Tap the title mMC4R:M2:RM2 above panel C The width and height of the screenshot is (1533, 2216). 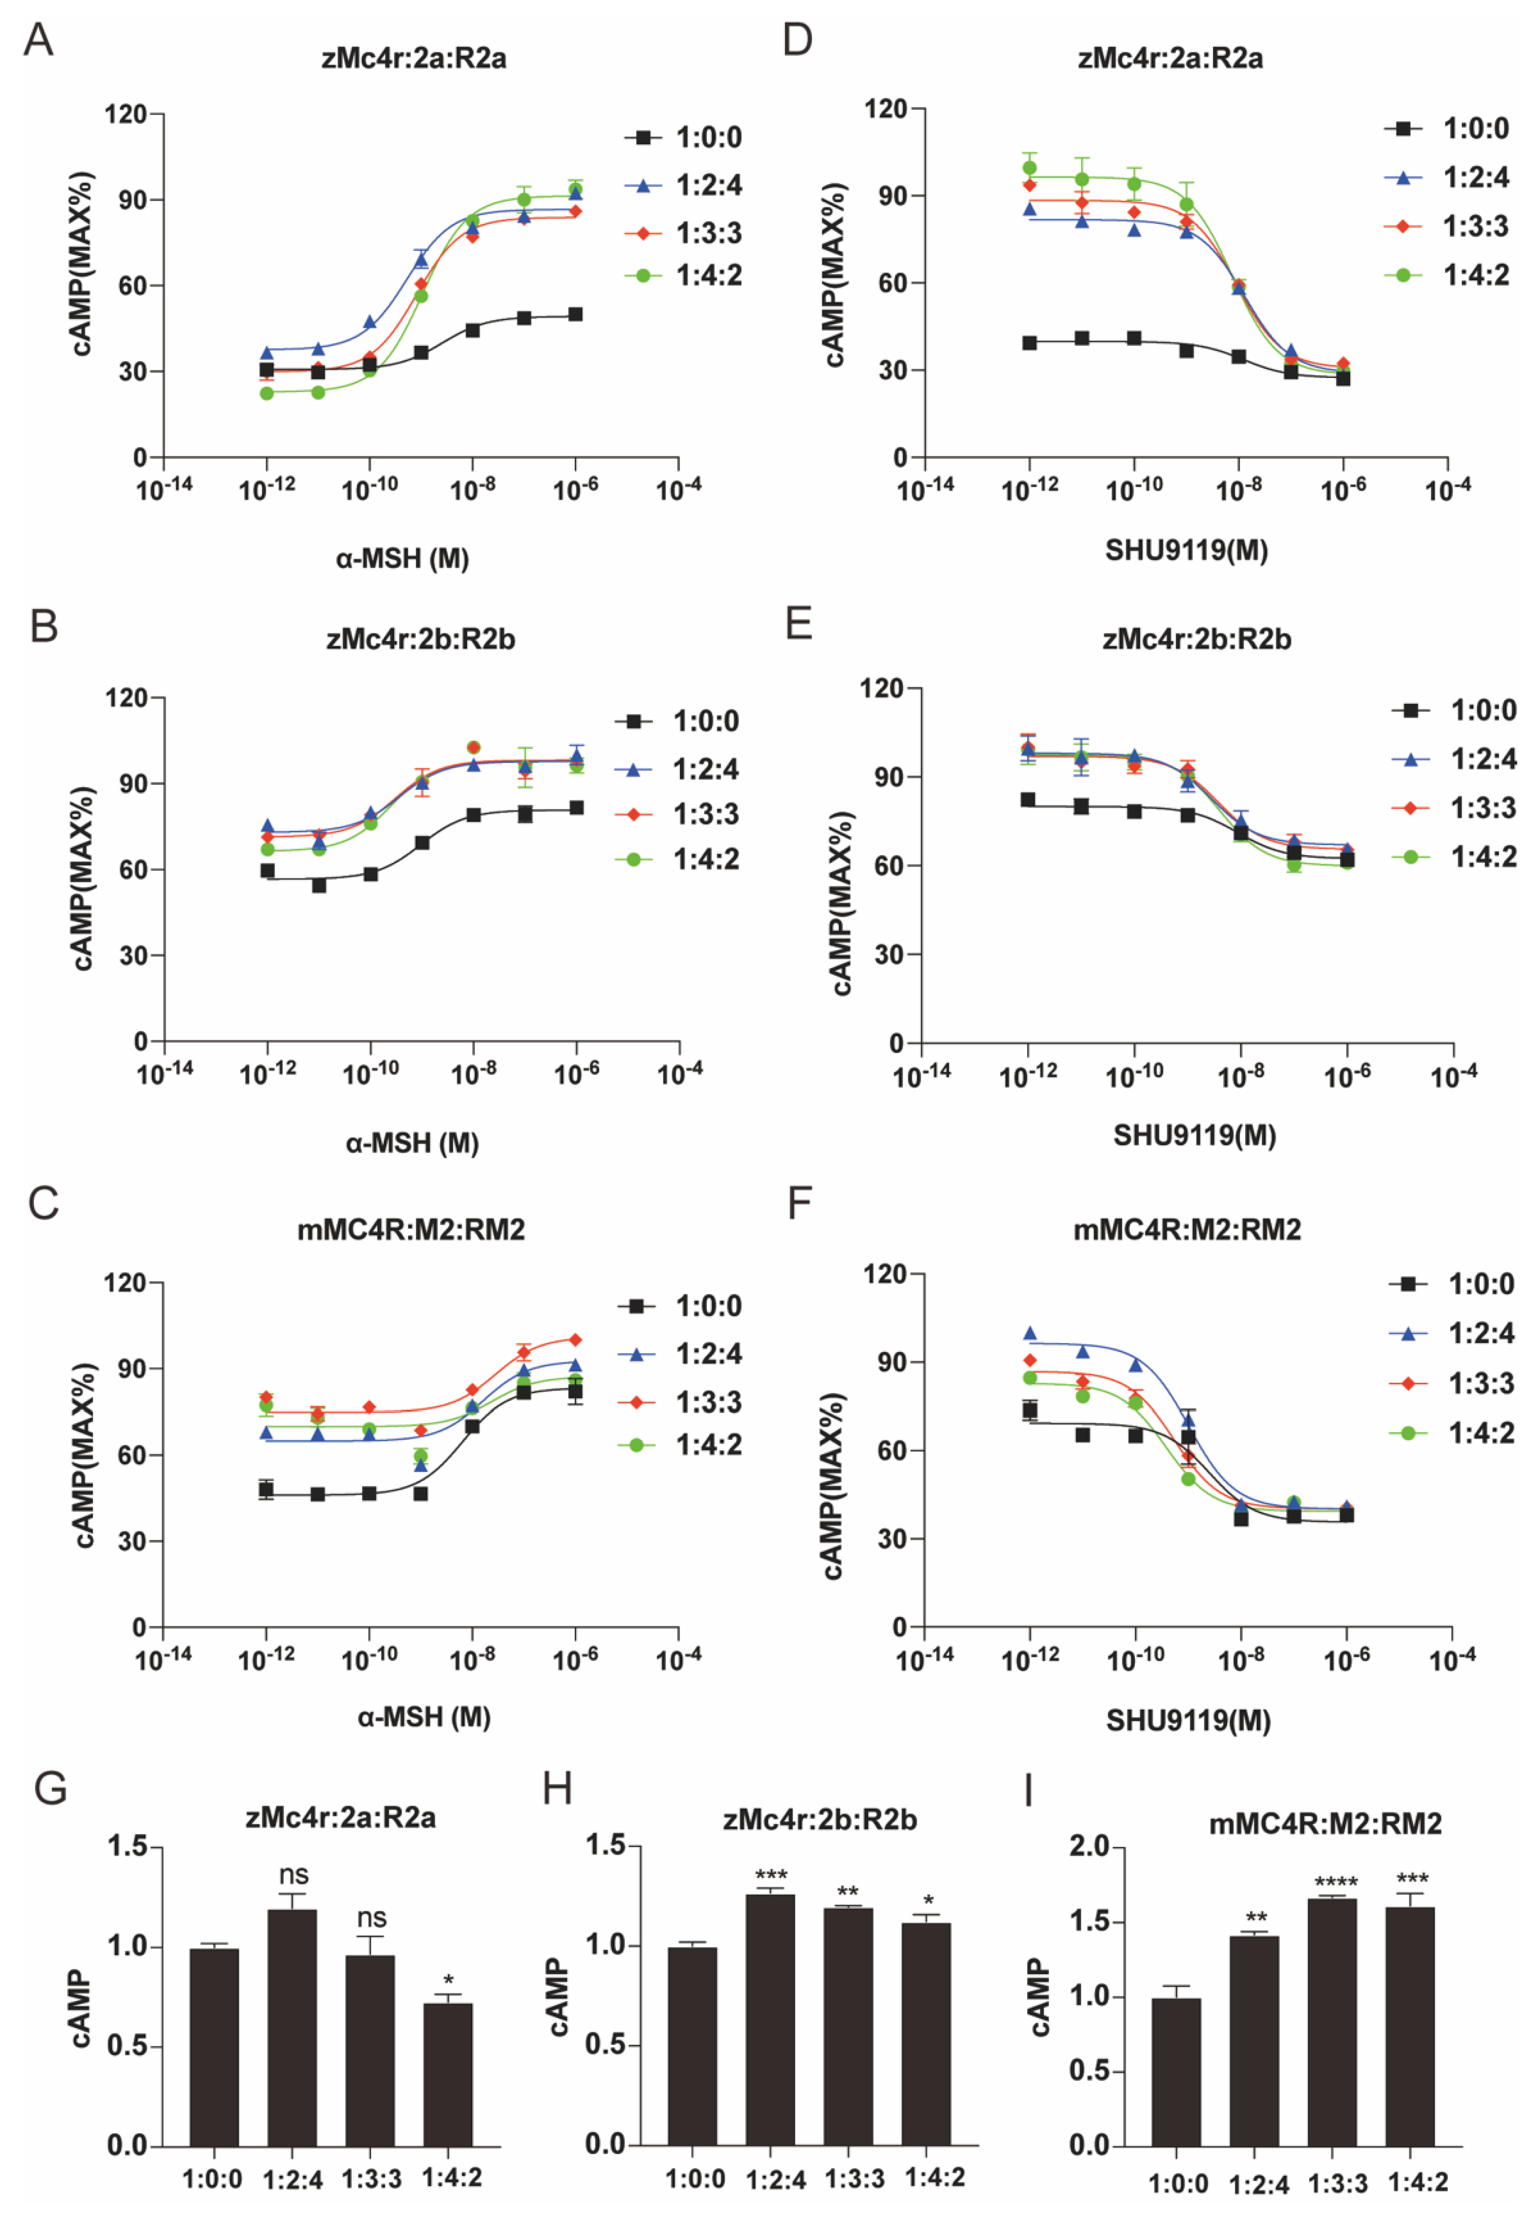pos(411,1230)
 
